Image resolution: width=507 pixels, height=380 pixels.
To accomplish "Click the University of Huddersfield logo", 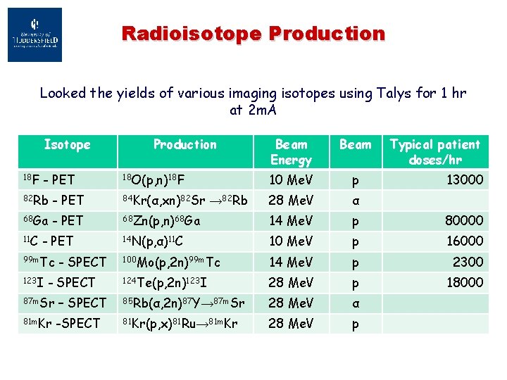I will click(35, 34).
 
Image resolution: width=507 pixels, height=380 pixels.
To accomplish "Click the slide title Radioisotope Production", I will click(254, 33).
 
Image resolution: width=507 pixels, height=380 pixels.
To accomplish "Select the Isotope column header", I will click(67, 145).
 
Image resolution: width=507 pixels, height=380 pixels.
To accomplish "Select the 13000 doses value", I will click(464, 180).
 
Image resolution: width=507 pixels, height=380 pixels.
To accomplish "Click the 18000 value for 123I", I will click(464, 282).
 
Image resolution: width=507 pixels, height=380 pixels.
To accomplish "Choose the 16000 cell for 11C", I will click(464, 241).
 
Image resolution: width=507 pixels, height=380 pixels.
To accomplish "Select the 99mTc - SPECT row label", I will click(63, 262).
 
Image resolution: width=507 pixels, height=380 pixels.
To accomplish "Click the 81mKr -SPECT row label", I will click(59, 323).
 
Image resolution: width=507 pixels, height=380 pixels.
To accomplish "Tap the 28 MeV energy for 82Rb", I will click(291, 201).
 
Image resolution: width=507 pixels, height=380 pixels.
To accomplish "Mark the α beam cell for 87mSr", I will click(355, 303).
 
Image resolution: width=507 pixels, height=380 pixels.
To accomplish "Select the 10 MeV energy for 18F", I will click(291, 180).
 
